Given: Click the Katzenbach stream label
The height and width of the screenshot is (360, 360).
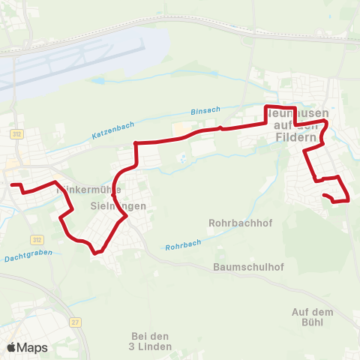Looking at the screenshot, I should point(112,133).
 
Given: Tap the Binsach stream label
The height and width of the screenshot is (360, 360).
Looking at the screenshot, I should point(205,110).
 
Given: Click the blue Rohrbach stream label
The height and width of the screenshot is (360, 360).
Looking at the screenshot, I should point(183,246).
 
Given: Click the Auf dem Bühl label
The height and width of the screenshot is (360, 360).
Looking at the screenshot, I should point(311,316).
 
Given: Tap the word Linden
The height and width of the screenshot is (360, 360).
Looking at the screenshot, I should point(155,347).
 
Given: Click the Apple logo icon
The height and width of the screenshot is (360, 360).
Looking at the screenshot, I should point(12,347).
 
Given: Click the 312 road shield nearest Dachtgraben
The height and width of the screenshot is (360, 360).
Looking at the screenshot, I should point(36,239).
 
